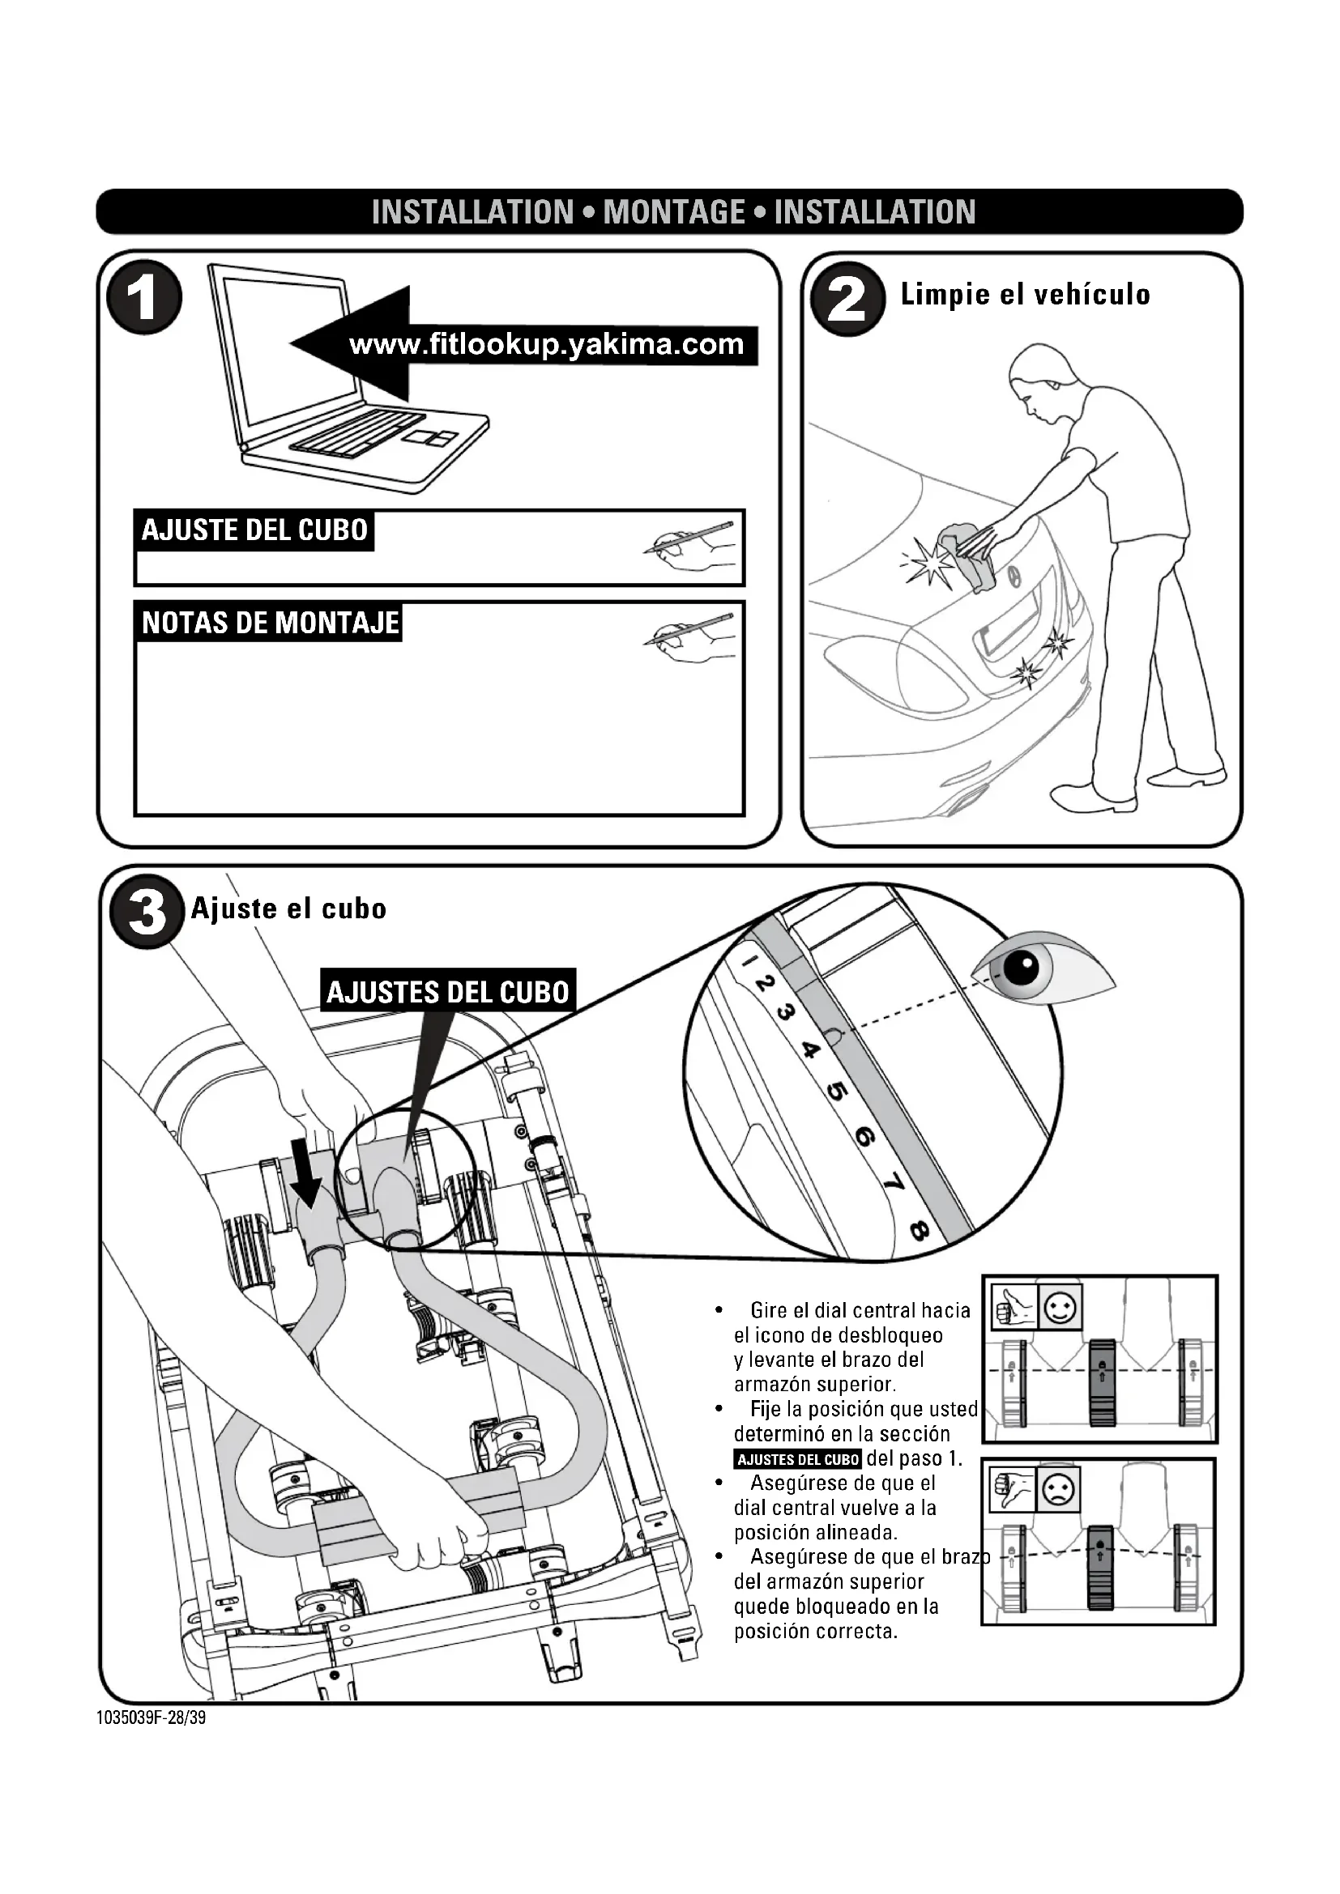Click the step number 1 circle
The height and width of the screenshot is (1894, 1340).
tap(144, 297)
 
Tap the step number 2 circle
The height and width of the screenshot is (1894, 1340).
tap(847, 299)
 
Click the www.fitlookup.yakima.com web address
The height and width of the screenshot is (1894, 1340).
tap(546, 345)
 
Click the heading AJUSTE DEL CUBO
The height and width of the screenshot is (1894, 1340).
tap(254, 530)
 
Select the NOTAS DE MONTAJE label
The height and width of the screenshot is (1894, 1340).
tap(270, 623)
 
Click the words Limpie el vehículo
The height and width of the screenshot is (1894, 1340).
tap(1025, 295)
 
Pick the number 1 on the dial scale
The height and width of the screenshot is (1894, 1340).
tap(748, 962)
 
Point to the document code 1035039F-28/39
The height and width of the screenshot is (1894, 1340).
tap(151, 1718)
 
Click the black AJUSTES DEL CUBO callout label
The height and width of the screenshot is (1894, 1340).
tap(448, 992)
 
